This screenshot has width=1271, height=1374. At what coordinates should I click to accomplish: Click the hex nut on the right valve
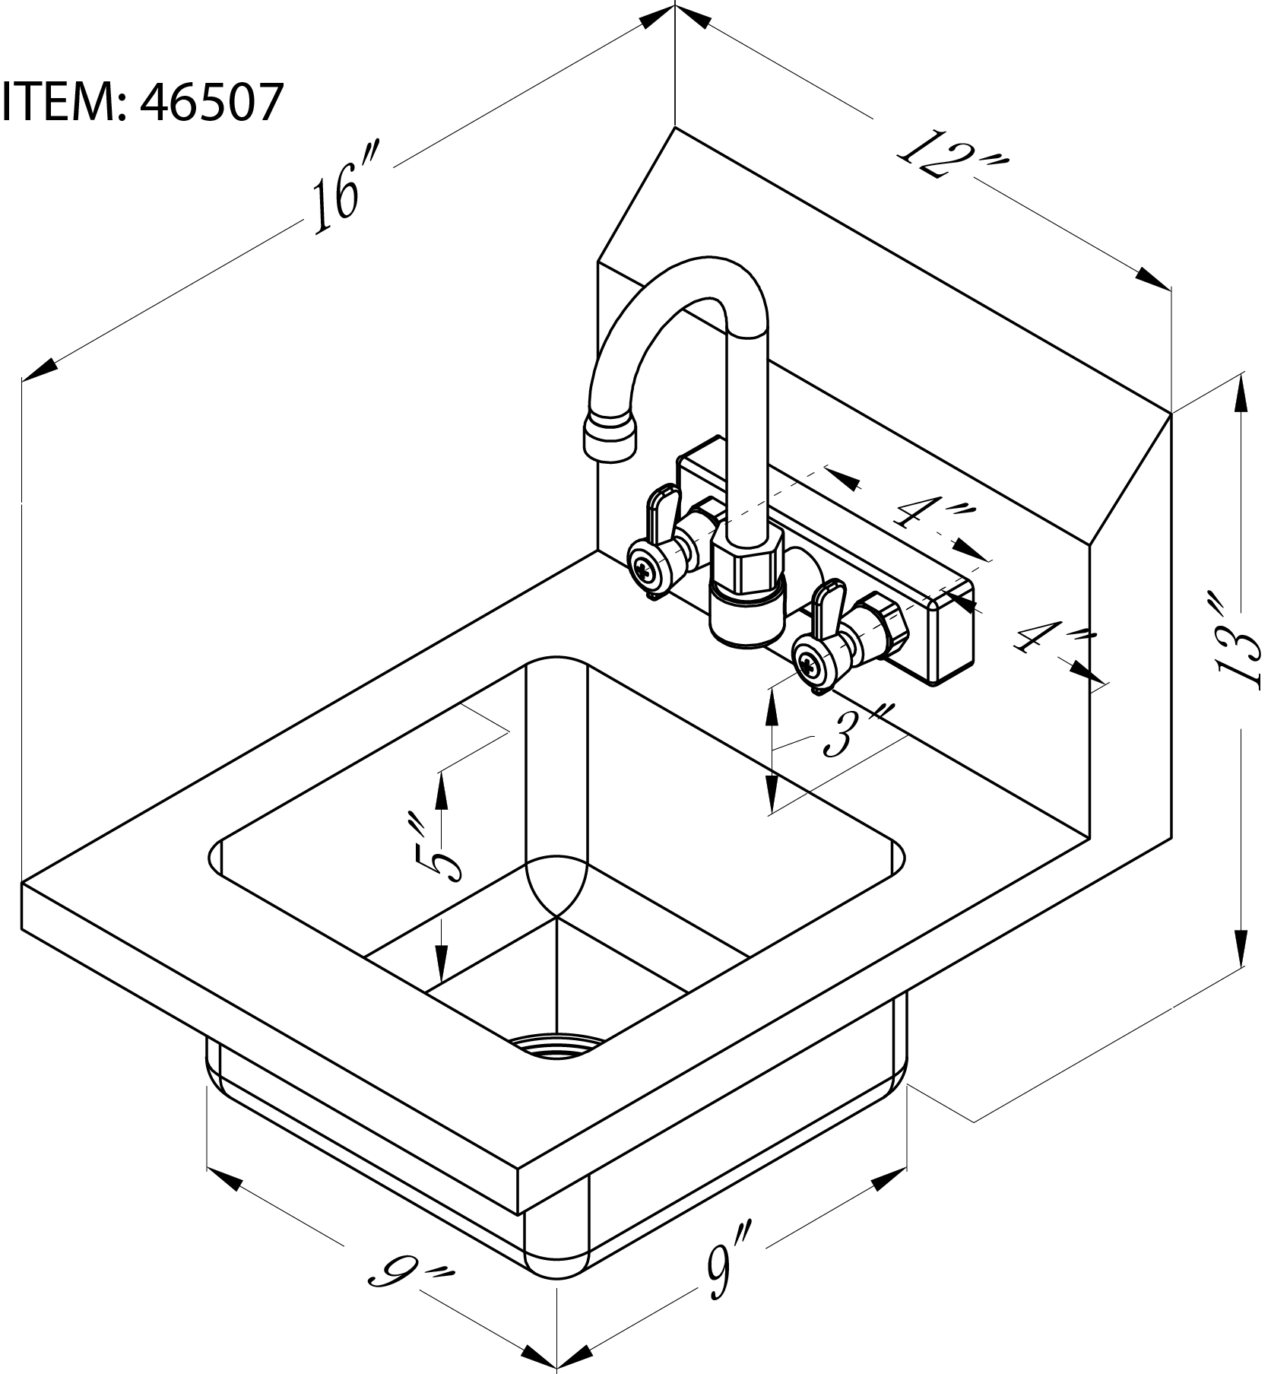(x=885, y=621)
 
